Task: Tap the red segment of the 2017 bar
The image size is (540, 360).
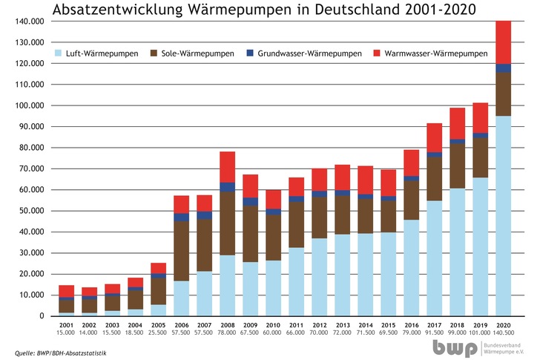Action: click(435, 138)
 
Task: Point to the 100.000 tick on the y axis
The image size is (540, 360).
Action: click(30, 105)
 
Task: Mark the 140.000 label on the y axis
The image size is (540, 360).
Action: click(30, 22)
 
